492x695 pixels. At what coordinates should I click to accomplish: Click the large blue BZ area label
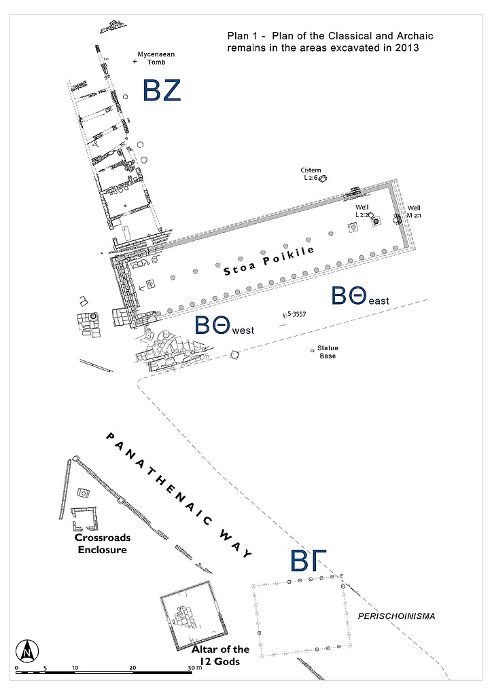(x=161, y=91)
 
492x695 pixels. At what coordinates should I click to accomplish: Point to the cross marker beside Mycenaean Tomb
(x=135, y=62)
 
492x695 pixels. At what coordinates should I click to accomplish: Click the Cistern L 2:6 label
(x=311, y=174)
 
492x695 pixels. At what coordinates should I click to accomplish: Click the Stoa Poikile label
(x=269, y=261)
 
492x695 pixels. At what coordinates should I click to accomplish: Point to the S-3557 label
(x=296, y=314)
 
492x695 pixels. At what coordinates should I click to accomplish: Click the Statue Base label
(x=328, y=352)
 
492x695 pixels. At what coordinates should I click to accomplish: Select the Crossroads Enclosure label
(x=102, y=543)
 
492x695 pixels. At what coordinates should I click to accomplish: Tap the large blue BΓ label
(x=309, y=562)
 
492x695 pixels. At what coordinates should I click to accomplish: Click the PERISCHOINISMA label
(x=396, y=616)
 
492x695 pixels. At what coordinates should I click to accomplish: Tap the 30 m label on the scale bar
(x=194, y=668)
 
